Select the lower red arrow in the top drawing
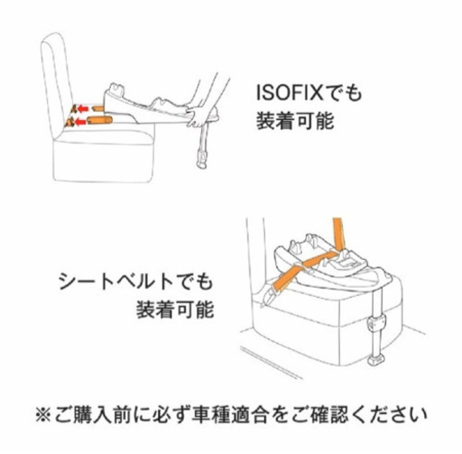[79, 120]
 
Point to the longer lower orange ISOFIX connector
[100, 119]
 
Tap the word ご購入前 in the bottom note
[95, 416]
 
